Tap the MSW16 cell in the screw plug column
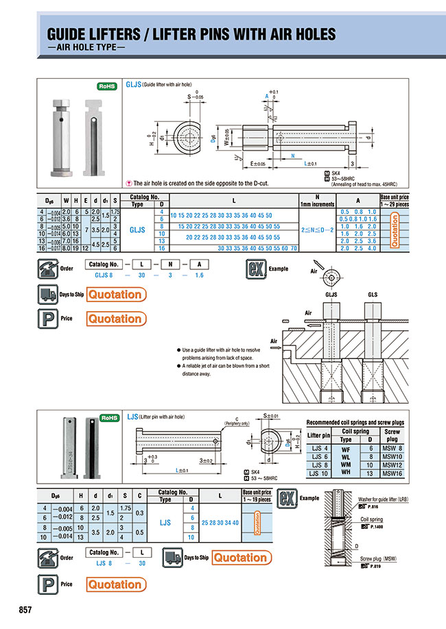tap(392, 473)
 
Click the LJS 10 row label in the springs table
tap(318, 473)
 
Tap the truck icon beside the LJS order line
tap(172, 558)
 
